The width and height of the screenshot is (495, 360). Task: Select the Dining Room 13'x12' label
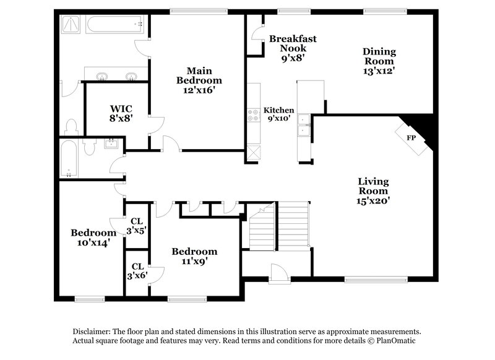[x=379, y=61]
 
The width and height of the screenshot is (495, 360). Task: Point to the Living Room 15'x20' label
[x=373, y=191]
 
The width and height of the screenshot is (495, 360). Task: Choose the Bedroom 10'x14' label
[x=93, y=238]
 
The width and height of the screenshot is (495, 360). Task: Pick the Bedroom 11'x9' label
[x=194, y=256]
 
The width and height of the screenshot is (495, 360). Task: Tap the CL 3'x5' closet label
[x=137, y=226]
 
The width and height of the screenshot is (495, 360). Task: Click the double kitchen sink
[x=304, y=125]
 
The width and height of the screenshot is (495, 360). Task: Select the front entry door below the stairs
[x=278, y=272]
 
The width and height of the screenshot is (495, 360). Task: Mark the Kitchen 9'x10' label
[x=279, y=114]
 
